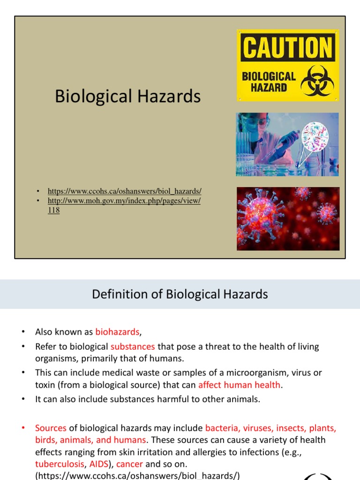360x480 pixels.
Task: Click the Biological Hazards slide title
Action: pos(127,97)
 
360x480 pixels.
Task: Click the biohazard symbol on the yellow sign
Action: pos(318,80)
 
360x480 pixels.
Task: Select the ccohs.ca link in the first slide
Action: pos(124,191)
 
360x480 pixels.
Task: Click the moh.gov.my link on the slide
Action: pos(124,201)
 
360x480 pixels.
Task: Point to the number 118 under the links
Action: pos(54,210)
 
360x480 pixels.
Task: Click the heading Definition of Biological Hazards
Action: pos(180,294)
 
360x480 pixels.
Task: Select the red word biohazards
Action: pos(117,332)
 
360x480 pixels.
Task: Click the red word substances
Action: pos(133,347)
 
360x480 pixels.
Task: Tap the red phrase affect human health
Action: pos(239,385)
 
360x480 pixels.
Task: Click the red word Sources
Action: pos(51,428)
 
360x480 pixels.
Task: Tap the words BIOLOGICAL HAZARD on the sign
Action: pos(269,82)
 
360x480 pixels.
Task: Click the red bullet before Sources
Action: pos(22,428)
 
